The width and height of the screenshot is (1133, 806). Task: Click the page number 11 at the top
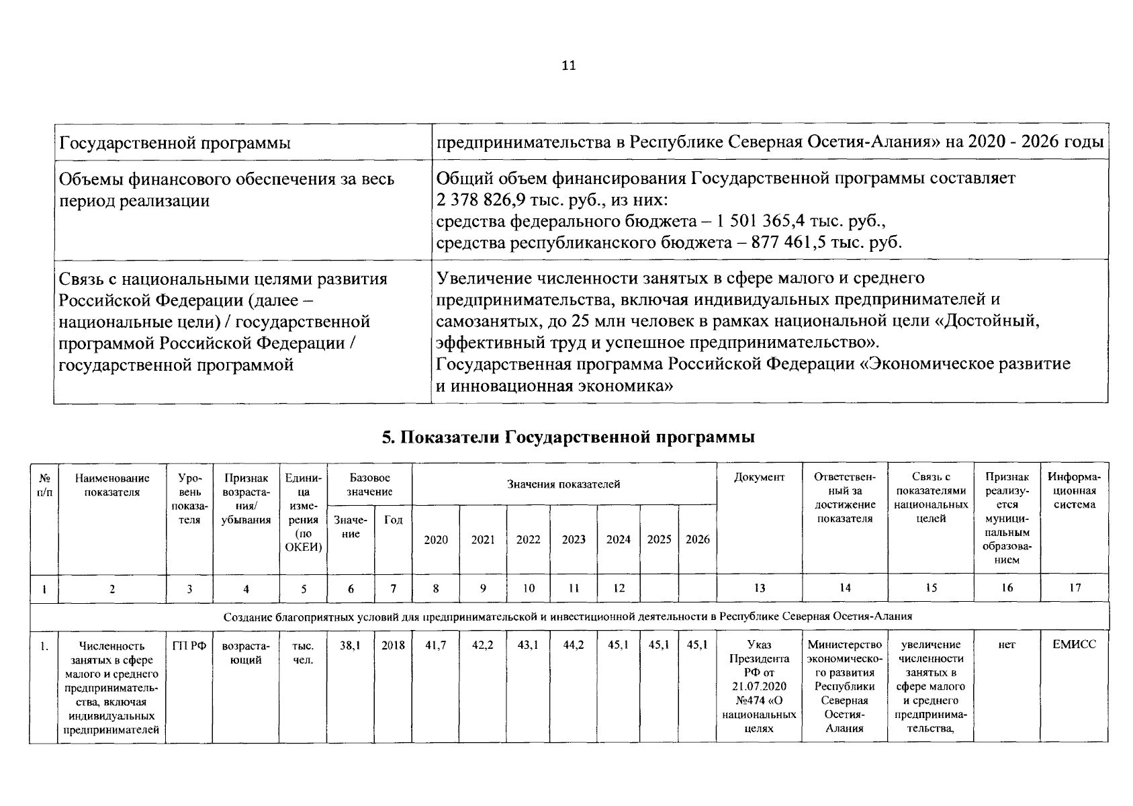(568, 66)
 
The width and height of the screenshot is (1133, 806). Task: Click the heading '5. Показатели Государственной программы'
(568, 437)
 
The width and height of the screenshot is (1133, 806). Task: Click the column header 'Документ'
(759, 478)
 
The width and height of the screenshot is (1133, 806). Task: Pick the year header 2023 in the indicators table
(573, 539)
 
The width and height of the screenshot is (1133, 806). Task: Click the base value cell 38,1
(350, 645)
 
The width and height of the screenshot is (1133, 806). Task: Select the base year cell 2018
(393, 645)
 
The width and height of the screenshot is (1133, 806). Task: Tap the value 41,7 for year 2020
(435, 645)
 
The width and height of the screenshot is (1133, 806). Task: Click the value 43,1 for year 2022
(528, 645)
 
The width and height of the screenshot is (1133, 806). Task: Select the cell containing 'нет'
(1006, 645)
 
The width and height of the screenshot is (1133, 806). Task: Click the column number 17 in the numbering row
(1075, 588)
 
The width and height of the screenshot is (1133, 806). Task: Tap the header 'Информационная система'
(1074, 491)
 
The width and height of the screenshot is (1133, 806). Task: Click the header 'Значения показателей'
(563, 484)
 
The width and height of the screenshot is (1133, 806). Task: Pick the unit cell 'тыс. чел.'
(303, 652)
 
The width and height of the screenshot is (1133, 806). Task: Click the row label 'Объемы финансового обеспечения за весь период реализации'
(226, 189)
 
